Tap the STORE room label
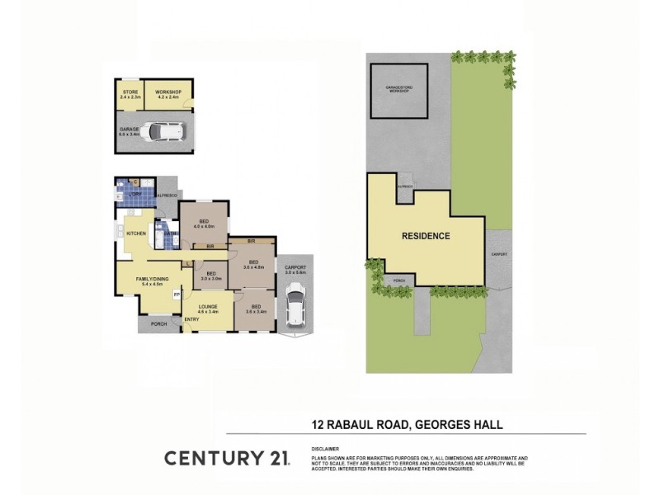(x=130, y=91)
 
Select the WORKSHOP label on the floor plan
(x=168, y=91)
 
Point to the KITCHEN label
(x=136, y=233)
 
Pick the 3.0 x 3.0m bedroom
(x=210, y=275)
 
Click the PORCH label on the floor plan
(x=159, y=323)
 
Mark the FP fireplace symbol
(x=176, y=295)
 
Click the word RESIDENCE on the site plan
(x=426, y=236)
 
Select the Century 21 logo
(x=227, y=458)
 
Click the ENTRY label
(x=191, y=319)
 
